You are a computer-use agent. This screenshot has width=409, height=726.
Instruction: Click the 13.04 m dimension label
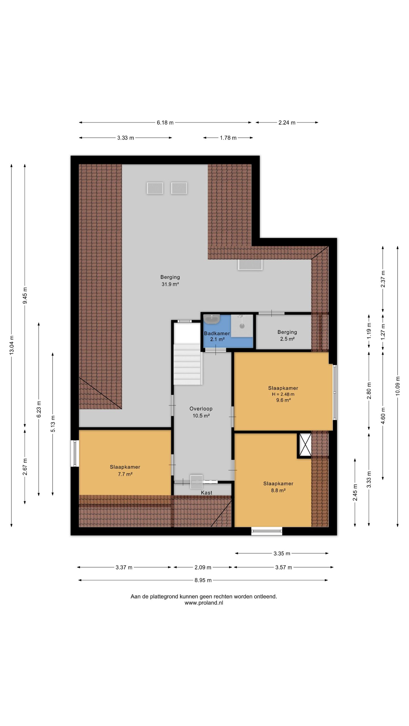(12, 345)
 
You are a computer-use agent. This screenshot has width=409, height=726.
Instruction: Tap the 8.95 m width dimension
(203, 580)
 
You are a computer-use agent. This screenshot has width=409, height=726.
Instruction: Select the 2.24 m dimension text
(287, 123)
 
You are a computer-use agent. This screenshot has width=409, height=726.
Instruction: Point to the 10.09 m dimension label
(398, 386)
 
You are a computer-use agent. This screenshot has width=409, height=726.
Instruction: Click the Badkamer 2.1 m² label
(217, 336)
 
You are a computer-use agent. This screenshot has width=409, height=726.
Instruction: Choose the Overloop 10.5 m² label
(201, 412)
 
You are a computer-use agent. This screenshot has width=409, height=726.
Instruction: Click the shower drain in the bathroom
(242, 326)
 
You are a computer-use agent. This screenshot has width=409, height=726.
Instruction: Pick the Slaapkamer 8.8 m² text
(278, 487)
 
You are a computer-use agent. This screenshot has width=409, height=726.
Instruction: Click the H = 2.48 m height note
(283, 394)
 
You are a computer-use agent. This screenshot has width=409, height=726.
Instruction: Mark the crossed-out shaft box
(304, 446)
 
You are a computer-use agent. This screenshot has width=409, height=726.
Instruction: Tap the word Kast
(206, 493)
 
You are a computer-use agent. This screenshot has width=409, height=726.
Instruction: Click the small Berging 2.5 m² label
(287, 335)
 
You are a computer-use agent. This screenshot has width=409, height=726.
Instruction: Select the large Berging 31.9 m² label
(170, 280)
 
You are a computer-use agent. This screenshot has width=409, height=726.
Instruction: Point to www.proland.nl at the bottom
(204, 603)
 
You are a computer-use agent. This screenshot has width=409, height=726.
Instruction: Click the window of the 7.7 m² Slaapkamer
(75, 453)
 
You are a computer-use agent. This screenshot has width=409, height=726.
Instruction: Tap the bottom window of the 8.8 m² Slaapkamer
(267, 531)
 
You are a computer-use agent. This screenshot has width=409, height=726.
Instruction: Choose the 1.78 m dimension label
(228, 138)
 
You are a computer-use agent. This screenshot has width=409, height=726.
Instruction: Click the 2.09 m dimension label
(203, 567)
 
